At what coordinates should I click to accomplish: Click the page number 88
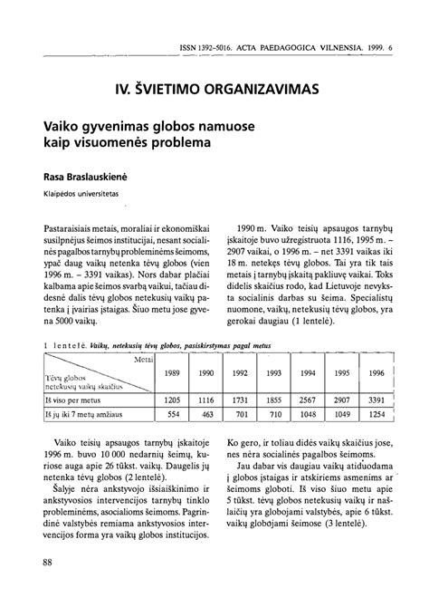47,564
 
